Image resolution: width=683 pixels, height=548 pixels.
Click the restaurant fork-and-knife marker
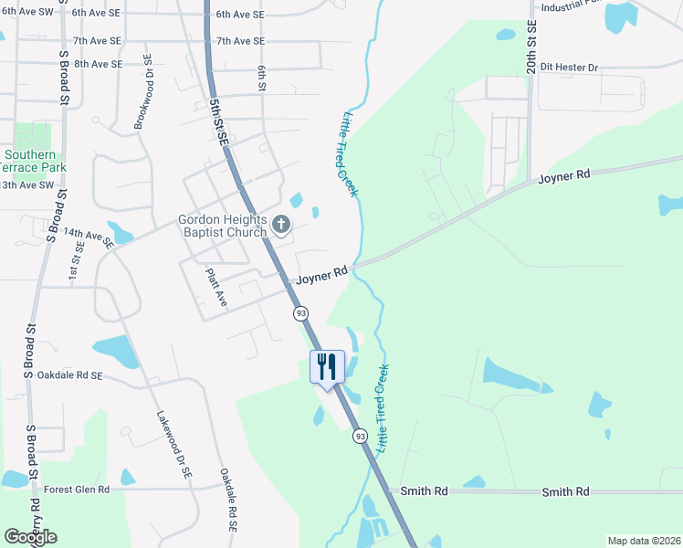tap(327, 367)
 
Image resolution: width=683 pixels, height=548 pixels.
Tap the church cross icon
tap(282, 223)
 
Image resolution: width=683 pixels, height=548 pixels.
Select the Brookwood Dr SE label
tap(143, 91)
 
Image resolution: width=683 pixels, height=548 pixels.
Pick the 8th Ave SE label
tap(99, 64)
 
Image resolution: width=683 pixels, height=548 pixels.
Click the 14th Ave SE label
tap(89, 239)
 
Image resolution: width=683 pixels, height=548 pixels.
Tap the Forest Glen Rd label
tap(77, 490)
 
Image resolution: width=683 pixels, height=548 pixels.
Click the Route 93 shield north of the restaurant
tap(300, 313)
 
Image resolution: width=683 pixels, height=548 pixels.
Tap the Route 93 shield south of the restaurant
tap(360, 437)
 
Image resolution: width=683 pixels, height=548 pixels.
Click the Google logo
tap(30, 537)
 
